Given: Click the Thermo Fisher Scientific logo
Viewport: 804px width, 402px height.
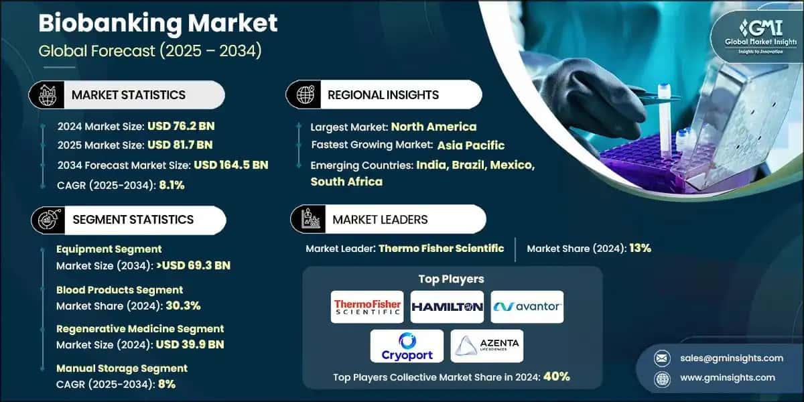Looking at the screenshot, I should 368,308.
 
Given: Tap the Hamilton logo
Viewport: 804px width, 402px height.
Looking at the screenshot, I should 447,307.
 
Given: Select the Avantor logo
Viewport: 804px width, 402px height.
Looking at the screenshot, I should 527,307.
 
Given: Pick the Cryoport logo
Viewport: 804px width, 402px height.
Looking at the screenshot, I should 407,346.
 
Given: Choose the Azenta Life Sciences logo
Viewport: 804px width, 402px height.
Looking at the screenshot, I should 486,346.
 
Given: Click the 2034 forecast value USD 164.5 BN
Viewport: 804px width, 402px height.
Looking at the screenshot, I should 230,165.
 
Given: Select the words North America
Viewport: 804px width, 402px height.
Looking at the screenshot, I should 433,126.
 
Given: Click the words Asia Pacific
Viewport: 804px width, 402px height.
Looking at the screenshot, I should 471,145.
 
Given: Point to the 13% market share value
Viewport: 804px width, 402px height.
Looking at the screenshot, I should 639,249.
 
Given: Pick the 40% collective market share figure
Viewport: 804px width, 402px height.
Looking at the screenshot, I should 556,377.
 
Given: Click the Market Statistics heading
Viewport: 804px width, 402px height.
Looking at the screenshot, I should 128,95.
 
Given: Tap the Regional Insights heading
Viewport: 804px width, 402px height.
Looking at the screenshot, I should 383,95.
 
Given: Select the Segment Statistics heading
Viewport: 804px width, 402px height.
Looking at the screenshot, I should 132,219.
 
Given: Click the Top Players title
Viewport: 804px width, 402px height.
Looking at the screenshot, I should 451,279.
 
